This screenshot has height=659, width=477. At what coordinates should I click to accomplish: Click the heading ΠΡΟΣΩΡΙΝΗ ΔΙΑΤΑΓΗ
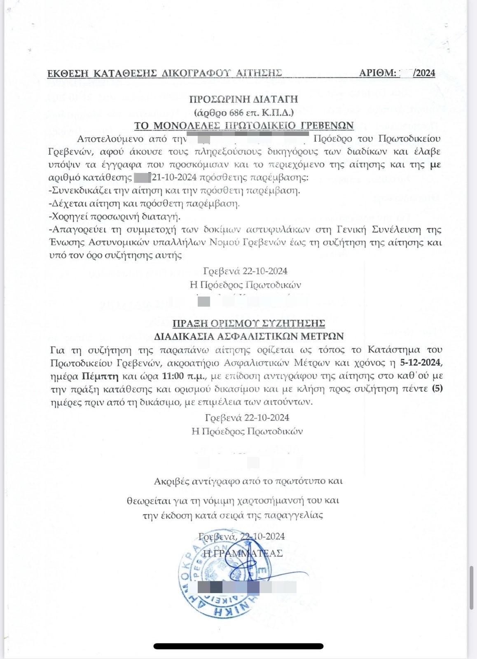pyautogui.click(x=243, y=99)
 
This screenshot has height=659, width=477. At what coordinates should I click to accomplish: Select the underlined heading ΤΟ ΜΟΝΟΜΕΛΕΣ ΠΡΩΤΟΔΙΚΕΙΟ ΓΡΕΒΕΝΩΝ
pyautogui.click(x=244, y=125)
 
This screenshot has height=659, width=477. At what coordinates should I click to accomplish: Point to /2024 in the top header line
pyautogui.click(x=424, y=73)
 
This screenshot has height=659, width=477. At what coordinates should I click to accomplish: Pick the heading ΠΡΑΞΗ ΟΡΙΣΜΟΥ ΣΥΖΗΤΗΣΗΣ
pyautogui.click(x=249, y=323)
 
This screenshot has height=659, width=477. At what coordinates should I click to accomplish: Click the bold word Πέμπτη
pyautogui.click(x=100, y=376)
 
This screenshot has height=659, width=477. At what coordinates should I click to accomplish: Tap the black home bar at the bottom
pyautogui.click(x=238, y=646)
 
